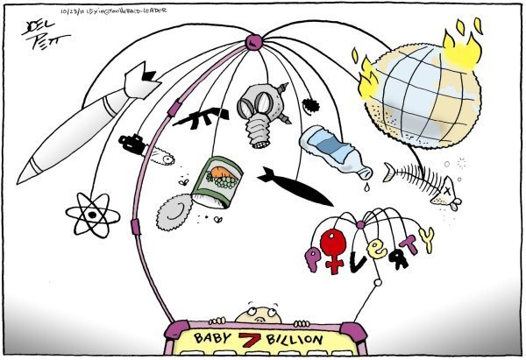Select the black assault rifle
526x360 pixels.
pyautogui.click(x=200, y=116)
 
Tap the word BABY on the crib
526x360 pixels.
pyautogui.click(x=217, y=339)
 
